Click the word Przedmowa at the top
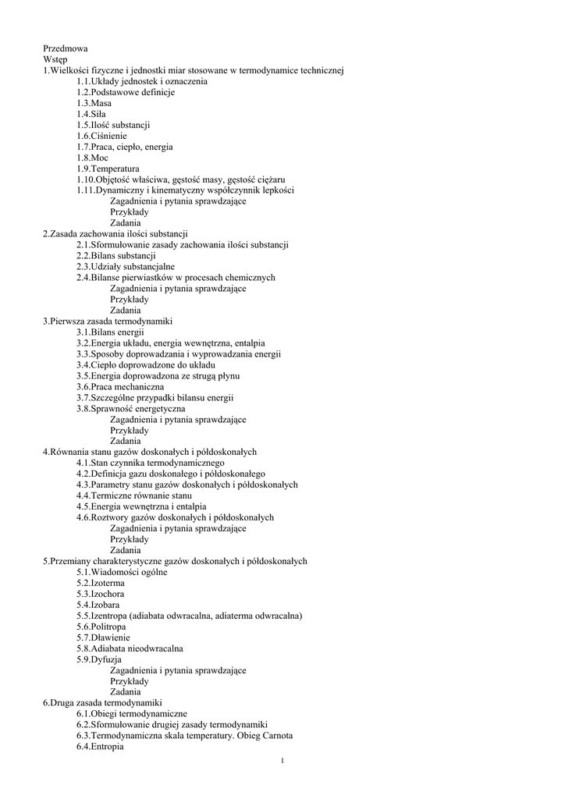(x=66, y=48)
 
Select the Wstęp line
(x=55, y=59)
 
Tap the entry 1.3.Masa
(x=94, y=103)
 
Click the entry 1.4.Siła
(x=92, y=114)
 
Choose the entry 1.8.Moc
(x=92, y=158)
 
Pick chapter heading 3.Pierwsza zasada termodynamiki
(x=107, y=321)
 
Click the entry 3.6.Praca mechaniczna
(x=120, y=386)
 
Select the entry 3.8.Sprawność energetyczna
(x=130, y=408)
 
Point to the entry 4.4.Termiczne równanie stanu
(x=133, y=495)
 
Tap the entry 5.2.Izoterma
(x=100, y=583)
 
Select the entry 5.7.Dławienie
(x=101, y=637)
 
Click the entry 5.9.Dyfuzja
(x=99, y=659)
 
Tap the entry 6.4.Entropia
(x=100, y=747)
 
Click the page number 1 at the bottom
(x=282, y=762)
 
